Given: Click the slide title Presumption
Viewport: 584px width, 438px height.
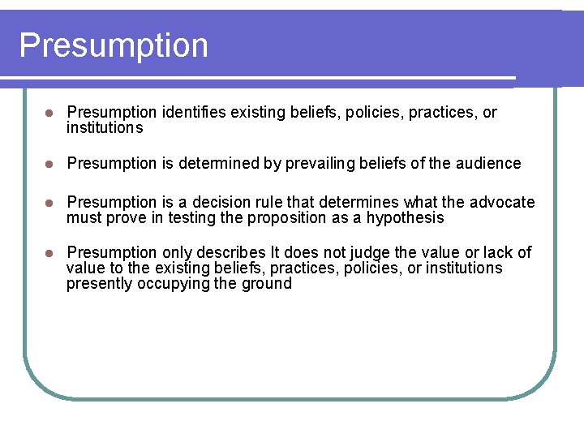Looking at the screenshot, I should [x=114, y=45].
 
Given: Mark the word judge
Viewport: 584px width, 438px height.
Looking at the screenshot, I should [x=366, y=252].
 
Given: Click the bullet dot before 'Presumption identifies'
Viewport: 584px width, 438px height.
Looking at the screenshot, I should [x=50, y=113].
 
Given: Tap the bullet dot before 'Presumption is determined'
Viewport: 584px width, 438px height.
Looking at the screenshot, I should [x=50, y=164].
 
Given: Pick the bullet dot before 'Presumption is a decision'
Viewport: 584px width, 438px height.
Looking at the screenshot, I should [x=50, y=203].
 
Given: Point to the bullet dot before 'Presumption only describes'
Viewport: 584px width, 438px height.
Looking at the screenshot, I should [x=50, y=253].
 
